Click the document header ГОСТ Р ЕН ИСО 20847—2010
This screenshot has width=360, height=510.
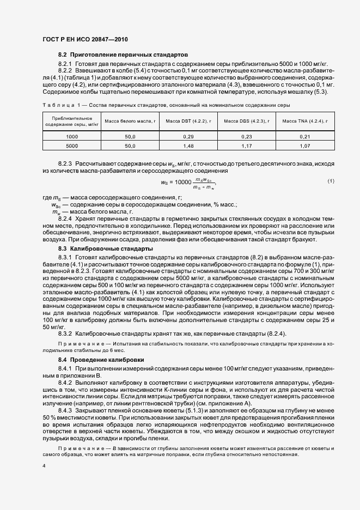point(84,40)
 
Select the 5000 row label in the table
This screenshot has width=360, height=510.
point(72,146)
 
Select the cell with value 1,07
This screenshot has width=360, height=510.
point(304,146)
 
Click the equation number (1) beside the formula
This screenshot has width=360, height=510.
point(330,180)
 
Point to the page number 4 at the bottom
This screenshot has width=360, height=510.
point(44,466)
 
